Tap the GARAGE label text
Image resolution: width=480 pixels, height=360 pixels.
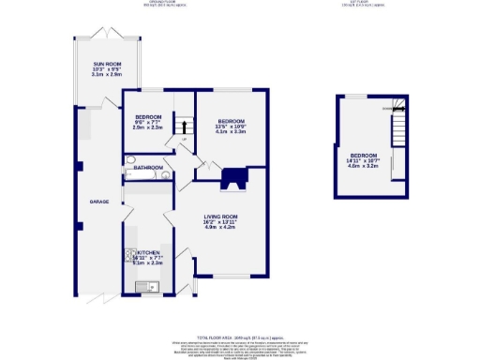[100, 202]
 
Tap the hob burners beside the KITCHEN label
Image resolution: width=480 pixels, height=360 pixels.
[128, 254]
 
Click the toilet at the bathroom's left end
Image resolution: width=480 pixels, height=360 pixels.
[128, 171]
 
